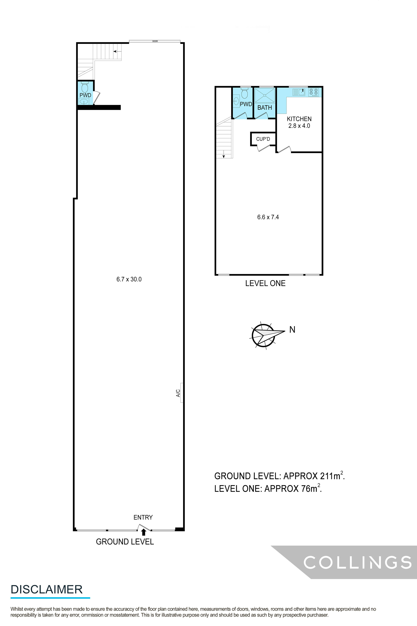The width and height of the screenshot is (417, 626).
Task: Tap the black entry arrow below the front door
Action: coord(144,532)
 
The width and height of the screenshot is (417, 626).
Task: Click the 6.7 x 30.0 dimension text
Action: coord(129,279)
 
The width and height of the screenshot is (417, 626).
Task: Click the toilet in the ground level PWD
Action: coord(85,87)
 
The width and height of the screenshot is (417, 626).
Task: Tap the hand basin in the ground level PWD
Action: coord(84,101)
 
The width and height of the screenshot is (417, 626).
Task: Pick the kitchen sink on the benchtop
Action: coord(299,92)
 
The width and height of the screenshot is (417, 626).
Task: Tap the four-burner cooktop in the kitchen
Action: coord(314,92)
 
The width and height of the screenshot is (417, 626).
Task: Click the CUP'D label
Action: coord(263,139)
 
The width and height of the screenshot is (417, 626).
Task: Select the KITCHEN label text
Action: coord(299,119)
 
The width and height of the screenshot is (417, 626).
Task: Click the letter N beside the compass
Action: coord(292,330)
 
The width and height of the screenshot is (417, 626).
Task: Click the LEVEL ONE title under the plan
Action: coord(265,283)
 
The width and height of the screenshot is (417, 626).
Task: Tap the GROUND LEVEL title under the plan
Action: coord(125,542)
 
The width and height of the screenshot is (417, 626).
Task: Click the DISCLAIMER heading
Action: coord(47,589)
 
